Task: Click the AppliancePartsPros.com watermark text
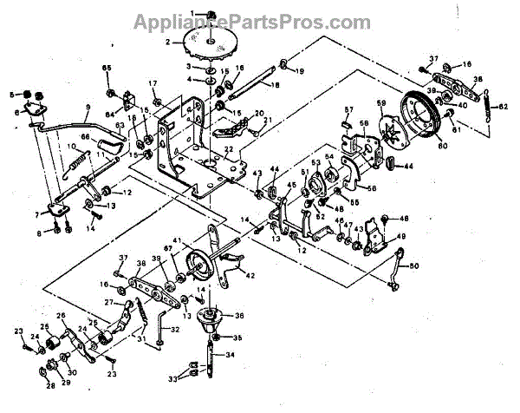click(260, 19)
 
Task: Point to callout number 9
click(87, 109)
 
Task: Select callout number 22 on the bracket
click(227, 149)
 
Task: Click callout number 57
click(349, 110)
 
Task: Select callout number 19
click(300, 70)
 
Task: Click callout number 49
click(400, 236)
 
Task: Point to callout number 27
click(109, 302)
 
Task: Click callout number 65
click(107, 68)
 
